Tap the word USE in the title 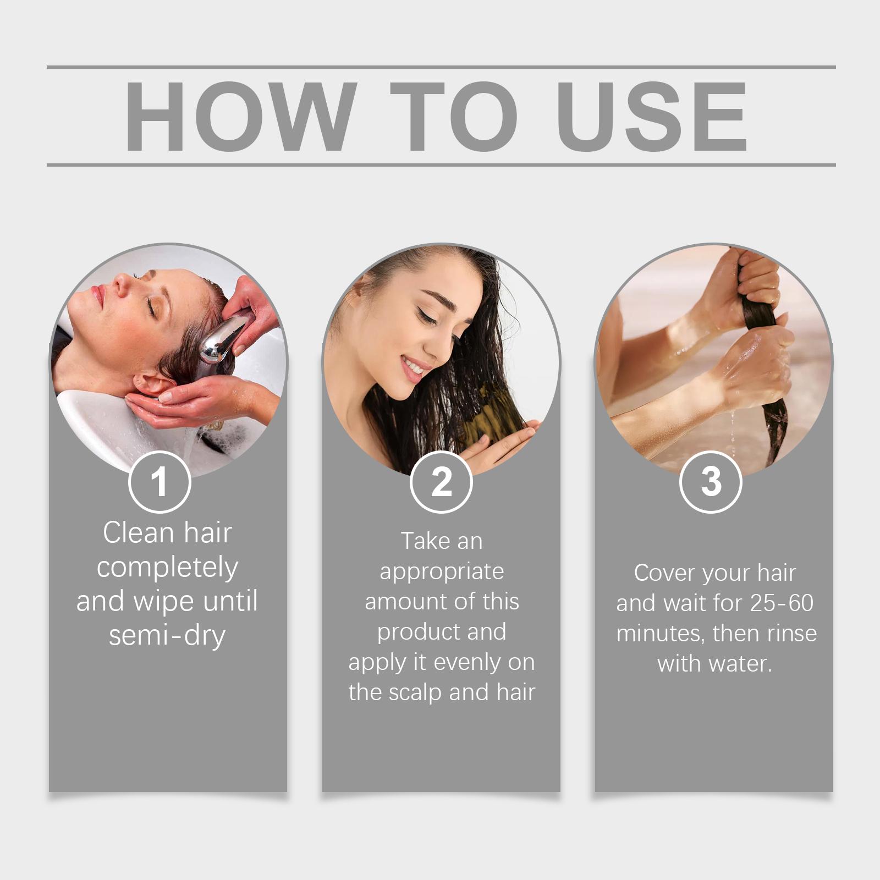[x=652, y=116]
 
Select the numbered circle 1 [x=159, y=482]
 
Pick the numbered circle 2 [x=441, y=482]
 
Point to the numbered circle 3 [x=711, y=482]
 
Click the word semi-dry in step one [x=167, y=636]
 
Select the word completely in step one [x=167, y=568]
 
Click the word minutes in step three [x=661, y=634]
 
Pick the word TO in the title [x=454, y=116]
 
